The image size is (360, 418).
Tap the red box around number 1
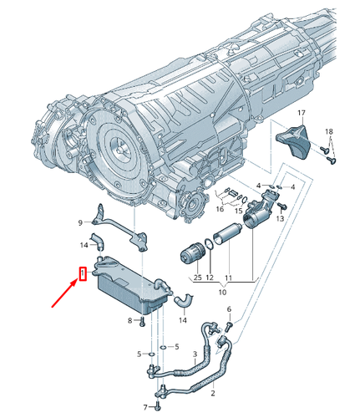point(82,273)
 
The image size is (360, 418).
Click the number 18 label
point(328,132)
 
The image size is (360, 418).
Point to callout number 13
point(281,218)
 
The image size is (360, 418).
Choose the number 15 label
point(238,212)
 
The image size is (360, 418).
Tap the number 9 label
point(81,222)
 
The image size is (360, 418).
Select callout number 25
point(197,277)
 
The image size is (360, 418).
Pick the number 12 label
point(210,277)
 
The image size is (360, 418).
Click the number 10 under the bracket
point(221,293)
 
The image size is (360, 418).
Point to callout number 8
point(129,322)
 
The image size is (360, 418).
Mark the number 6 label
point(228,309)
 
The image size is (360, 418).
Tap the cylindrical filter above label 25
point(194,252)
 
